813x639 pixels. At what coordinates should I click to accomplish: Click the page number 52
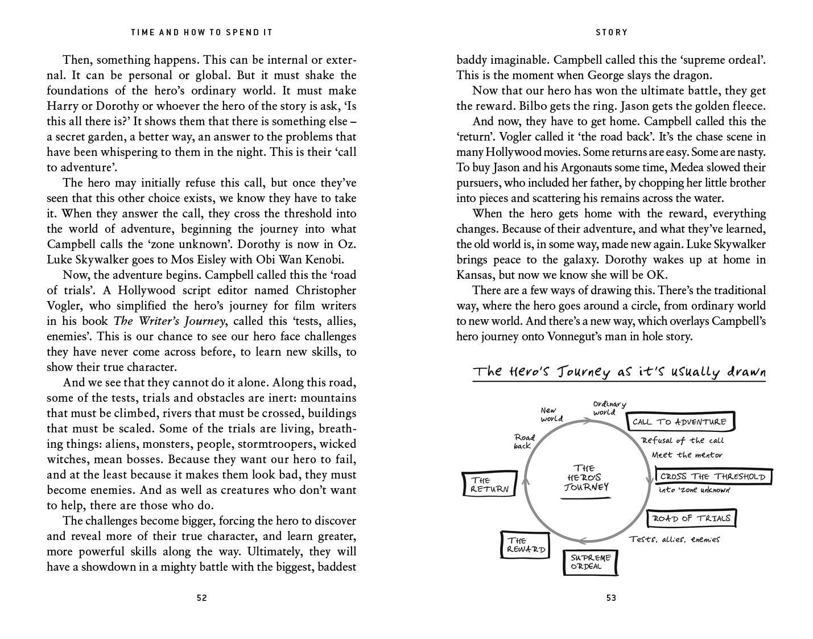point(201,598)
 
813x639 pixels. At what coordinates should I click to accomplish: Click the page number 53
point(611,598)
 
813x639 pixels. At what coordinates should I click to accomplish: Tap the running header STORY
point(612,32)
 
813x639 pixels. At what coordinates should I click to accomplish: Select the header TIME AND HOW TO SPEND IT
point(201,32)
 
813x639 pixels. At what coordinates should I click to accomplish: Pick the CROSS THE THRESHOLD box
point(713,476)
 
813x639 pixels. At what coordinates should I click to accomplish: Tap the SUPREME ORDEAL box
point(591,562)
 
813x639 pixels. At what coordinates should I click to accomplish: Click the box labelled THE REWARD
point(525,545)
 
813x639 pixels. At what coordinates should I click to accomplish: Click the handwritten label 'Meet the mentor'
point(687,455)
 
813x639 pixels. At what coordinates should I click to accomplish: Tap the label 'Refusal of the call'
point(682,440)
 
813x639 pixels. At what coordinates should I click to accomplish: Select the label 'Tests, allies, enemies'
point(674,539)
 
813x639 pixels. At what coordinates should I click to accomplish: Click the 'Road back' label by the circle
point(524,441)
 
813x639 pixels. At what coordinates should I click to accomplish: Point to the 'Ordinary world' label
point(609,408)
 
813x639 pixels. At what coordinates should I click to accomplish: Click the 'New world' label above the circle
point(551,414)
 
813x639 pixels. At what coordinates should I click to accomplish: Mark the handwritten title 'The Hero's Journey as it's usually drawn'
point(619,372)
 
